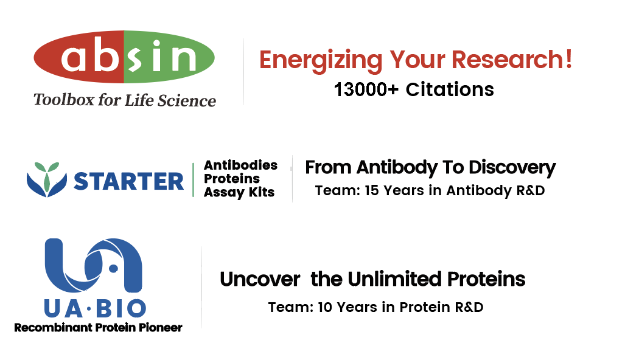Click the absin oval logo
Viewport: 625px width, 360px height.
click(x=124, y=57)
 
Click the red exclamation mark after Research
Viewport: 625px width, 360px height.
click(x=568, y=59)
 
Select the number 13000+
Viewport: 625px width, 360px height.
click(x=366, y=89)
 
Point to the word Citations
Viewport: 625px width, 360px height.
click(x=450, y=89)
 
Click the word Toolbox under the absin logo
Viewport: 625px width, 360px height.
click(x=64, y=100)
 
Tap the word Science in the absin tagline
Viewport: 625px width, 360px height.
click(x=187, y=100)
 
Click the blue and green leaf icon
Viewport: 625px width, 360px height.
click(x=47, y=179)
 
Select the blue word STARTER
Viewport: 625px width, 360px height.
click(x=129, y=181)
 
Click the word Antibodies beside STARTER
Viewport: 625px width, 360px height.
click(x=240, y=165)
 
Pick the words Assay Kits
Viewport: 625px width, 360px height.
click(x=239, y=192)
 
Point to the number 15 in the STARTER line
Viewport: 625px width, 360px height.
click(x=371, y=190)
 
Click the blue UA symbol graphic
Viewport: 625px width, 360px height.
click(x=93, y=265)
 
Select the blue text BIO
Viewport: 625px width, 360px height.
click(x=121, y=309)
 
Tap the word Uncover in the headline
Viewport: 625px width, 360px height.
click(x=260, y=279)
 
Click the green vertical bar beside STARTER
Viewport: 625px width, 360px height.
click(x=193, y=179)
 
